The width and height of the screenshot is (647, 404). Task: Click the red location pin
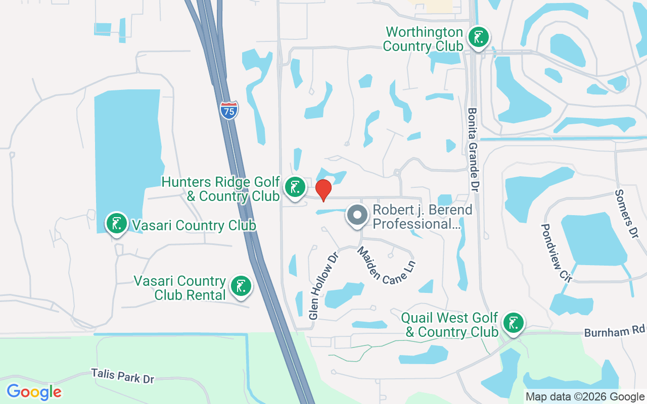pyautogui.click(x=323, y=190)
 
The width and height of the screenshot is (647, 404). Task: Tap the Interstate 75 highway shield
pyautogui.click(x=229, y=110)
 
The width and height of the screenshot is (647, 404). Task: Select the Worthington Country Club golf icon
pyautogui.click(x=478, y=37)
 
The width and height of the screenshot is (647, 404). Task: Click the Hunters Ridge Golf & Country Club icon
pyautogui.click(x=295, y=187)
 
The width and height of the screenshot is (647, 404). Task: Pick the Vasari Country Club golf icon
pyautogui.click(x=117, y=223)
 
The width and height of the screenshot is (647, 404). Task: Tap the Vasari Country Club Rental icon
pyautogui.click(x=241, y=286)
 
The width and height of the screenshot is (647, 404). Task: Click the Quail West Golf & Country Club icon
pyautogui.click(x=513, y=323)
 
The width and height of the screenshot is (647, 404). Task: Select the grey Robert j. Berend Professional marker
pyautogui.click(x=357, y=215)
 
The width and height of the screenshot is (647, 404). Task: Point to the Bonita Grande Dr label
pyautogui.click(x=473, y=149)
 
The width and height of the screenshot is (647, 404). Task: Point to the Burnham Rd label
pyautogui.click(x=615, y=331)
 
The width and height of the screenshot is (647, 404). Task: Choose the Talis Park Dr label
pyautogui.click(x=122, y=376)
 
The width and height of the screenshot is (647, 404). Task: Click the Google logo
pyautogui.click(x=34, y=392)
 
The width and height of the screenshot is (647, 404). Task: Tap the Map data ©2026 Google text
pyautogui.click(x=585, y=397)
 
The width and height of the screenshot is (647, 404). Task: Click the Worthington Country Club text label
pyautogui.click(x=423, y=39)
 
